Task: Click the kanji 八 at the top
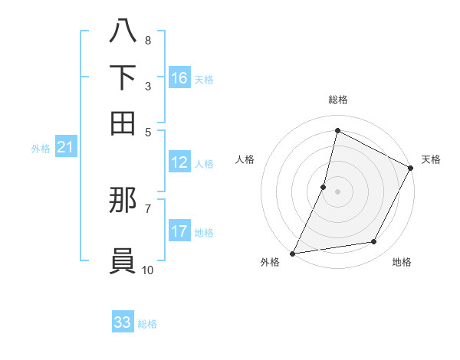123,31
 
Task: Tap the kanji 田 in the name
123,122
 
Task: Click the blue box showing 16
179,78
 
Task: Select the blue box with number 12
179,162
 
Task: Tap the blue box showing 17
179,231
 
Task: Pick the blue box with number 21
65,148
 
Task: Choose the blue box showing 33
123,322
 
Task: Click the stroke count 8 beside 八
147,40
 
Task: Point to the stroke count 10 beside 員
147,270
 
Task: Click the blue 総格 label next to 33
147,324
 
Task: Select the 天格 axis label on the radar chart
431,159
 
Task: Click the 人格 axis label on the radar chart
245,159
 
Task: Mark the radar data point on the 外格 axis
292,253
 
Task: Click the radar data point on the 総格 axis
337,130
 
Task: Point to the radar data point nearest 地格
374,242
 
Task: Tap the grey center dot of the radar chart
337,191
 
